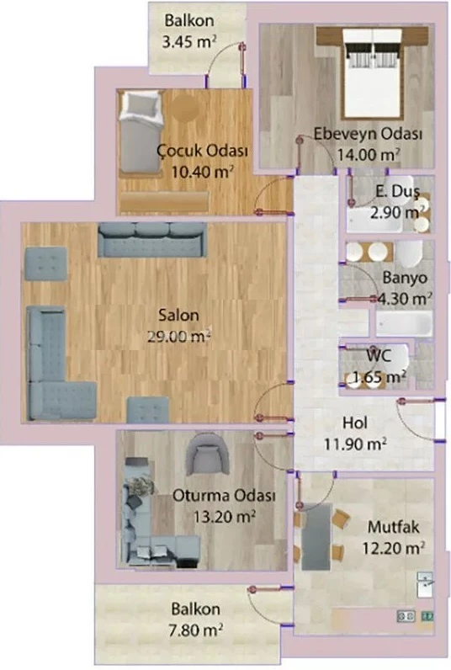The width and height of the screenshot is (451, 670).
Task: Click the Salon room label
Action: point(178,316)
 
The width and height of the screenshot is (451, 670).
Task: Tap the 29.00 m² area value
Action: point(179,337)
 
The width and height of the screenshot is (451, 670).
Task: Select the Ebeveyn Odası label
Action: point(368,134)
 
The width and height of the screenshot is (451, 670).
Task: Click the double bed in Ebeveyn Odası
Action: point(373,72)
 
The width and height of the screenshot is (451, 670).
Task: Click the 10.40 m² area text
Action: point(203,172)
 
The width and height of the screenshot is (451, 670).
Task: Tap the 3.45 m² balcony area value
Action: point(188,42)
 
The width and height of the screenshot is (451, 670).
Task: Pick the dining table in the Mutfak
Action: point(316,537)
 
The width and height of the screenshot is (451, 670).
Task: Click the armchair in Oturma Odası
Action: point(206,455)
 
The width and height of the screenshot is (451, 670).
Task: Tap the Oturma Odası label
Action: point(224,496)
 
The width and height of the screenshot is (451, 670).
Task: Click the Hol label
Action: point(354,423)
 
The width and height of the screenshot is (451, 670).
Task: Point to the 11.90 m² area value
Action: point(355,444)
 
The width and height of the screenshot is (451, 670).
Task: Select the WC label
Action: point(379,356)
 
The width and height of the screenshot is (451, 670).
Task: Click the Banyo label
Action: point(405,278)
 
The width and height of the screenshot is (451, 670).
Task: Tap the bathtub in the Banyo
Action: point(404,323)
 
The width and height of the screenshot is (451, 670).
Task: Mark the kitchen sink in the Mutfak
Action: point(425,584)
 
